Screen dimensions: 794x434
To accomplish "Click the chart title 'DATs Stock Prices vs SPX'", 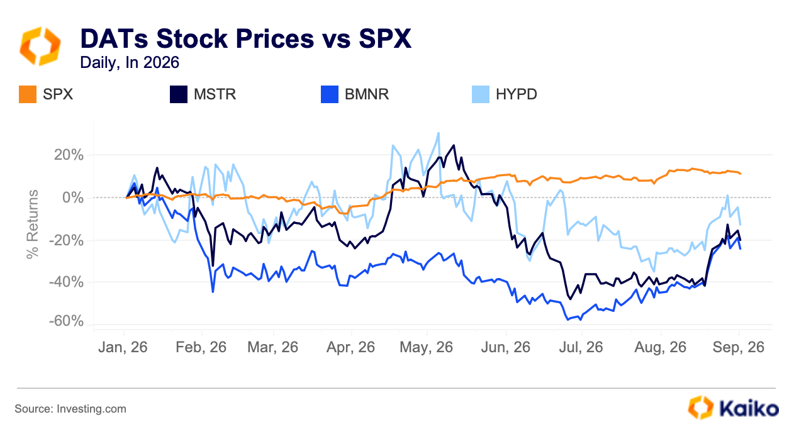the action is [x=245, y=38].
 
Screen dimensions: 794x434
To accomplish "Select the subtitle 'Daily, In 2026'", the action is [x=130, y=62].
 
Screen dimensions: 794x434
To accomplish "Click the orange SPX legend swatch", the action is [x=28, y=94].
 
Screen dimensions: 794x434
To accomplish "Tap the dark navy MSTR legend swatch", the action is [x=179, y=94].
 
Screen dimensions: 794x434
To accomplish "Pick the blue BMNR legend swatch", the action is [x=330, y=94].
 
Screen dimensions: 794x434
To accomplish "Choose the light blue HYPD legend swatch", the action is [x=481, y=94].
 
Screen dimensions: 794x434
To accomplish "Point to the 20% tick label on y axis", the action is [x=69, y=155].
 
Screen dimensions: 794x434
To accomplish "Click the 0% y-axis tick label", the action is [x=73, y=198].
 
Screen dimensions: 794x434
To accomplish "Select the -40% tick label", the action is [x=66, y=282].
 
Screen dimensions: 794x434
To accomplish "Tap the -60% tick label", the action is [x=66, y=321].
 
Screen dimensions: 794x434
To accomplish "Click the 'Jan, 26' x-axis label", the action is [x=123, y=347].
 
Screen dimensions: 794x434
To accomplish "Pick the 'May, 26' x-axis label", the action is [x=426, y=347].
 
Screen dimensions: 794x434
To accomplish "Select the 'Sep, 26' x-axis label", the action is [x=739, y=347].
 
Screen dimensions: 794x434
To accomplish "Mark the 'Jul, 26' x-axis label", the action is [x=581, y=347].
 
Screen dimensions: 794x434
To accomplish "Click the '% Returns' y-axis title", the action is [x=33, y=225].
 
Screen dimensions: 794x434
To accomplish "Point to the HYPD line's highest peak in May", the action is [x=439, y=133].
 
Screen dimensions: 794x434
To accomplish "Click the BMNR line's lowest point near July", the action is [x=568, y=320].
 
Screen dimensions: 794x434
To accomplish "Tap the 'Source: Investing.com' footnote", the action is [x=70, y=409].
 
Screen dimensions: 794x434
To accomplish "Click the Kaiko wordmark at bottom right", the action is [x=749, y=408].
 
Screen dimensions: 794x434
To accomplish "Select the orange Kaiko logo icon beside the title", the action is [x=40, y=46].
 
